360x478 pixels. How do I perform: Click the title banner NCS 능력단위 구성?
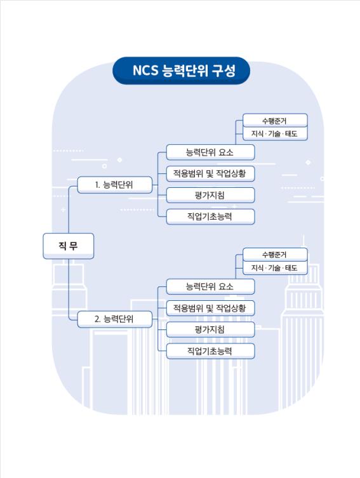181,70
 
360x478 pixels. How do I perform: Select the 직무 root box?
69,246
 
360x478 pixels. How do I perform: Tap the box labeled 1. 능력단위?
115,185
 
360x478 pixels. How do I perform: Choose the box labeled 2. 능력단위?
115,319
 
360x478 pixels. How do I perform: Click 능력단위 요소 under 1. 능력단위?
210,152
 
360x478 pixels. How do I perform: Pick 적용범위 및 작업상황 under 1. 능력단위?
210,174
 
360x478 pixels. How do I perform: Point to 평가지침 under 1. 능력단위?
210,195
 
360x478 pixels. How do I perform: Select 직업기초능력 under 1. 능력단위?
210,216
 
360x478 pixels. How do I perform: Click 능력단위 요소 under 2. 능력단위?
210,286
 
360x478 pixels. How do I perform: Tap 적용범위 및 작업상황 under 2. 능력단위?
210,309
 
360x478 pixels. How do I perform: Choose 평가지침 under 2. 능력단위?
210,329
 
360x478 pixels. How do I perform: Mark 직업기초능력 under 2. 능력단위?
210,351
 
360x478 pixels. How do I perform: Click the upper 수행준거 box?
275,121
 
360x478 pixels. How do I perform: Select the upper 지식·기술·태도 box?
275,134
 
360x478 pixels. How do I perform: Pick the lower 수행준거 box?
275,255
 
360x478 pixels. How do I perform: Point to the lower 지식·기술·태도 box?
275,268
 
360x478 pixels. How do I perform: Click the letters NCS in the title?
145,70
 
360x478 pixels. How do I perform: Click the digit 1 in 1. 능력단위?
97,185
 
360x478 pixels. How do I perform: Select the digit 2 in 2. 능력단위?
97,319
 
